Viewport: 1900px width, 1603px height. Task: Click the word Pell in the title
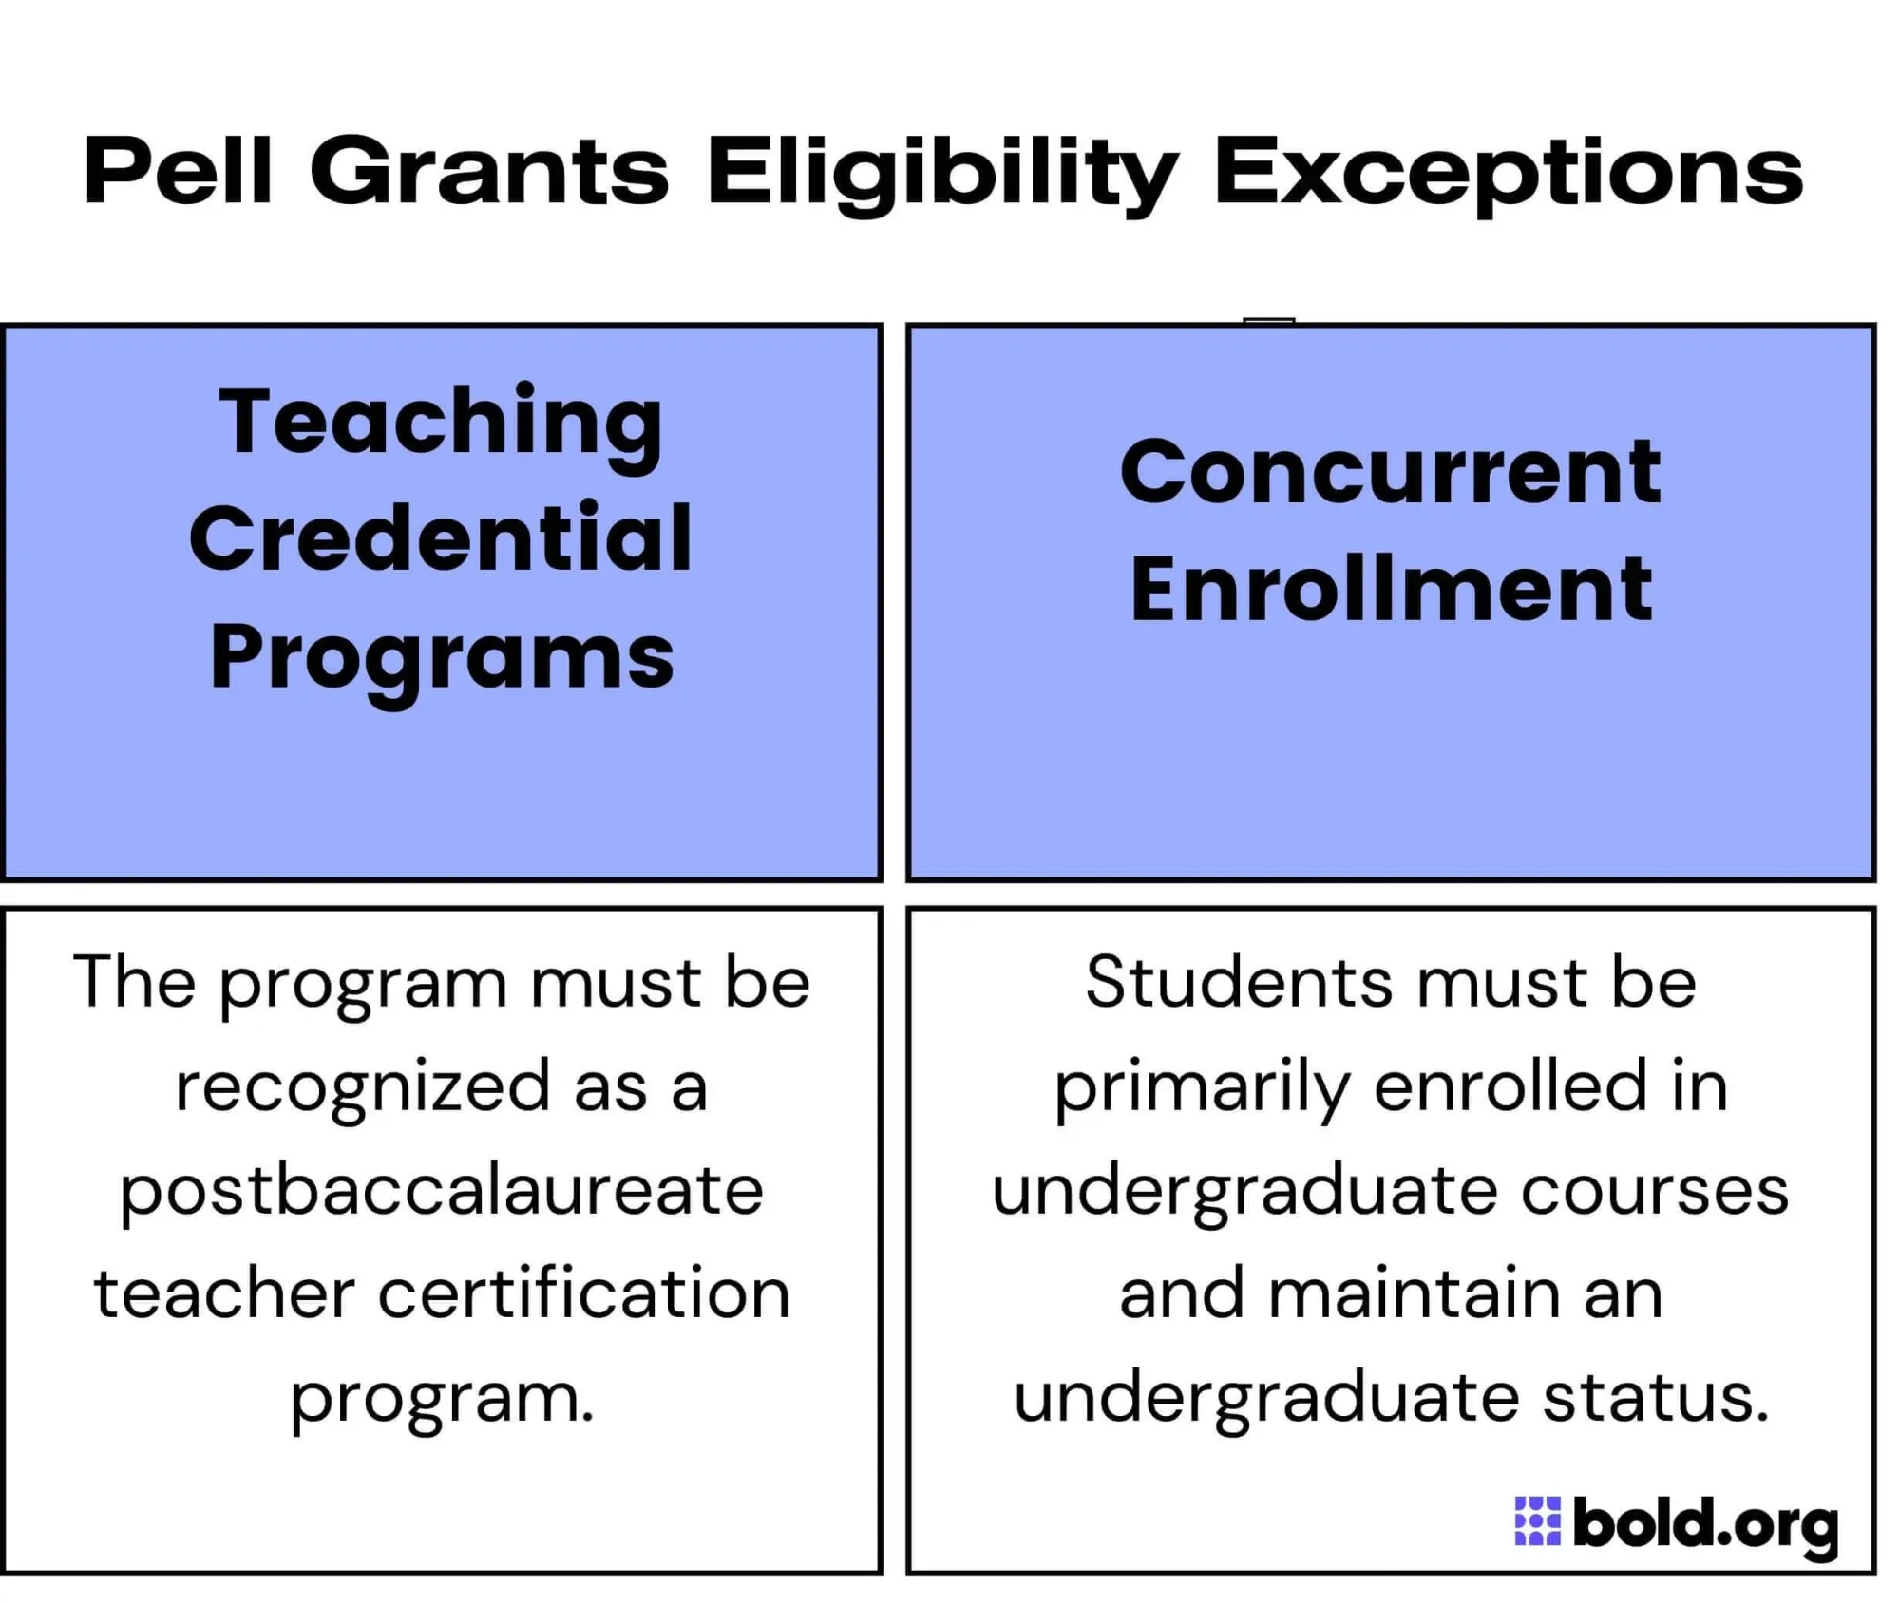pos(179,172)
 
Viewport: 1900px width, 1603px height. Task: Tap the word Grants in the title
pos(489,172)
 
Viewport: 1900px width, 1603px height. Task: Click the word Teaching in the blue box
pos(440,424)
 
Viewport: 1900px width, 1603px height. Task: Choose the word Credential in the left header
pos(440,538)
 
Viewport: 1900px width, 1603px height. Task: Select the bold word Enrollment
pos(1391,590)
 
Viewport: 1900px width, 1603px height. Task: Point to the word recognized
pos(362,1088)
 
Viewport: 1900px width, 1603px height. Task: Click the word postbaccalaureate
pos(442,1193)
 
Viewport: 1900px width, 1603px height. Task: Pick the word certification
pos(584,1294)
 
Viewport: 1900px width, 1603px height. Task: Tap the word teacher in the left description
pos(224,1294)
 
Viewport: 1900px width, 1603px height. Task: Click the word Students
pos(1239,982)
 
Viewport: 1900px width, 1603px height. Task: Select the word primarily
pos(1201,1088)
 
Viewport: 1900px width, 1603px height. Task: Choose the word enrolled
pos(1510,1086)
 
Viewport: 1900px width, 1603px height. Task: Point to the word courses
pos(1654,1191)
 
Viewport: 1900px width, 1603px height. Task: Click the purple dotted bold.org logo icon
pos(1536,1521)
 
